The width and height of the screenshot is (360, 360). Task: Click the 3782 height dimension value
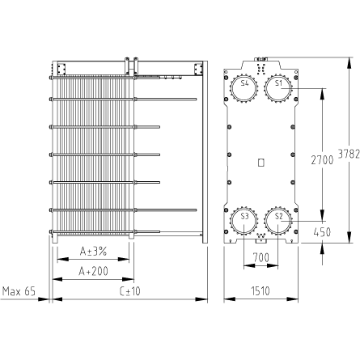[349, 155]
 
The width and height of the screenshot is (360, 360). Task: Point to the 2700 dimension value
[322, 160]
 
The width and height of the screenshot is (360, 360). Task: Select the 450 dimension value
[322, 232]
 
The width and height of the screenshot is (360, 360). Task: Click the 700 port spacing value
[260, 258]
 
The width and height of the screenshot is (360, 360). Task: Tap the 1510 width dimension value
[260, 291]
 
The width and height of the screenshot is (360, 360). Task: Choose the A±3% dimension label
[93, 252]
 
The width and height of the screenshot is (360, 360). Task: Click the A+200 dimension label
[93, 271]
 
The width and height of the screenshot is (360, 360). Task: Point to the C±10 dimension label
[130, 291]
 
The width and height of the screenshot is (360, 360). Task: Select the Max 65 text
[19, 291]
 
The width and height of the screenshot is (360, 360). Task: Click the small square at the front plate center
[261, 163]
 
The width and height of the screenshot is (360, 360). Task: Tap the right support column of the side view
[205, 152]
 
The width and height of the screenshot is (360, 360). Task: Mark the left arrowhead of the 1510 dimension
[229, 299]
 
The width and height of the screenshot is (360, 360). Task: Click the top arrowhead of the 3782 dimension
[349, 63]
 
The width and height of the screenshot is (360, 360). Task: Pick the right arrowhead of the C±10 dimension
[201, 299]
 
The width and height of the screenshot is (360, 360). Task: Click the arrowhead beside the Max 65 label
[44, 299]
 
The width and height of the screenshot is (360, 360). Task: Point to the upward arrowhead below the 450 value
[323, 248]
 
